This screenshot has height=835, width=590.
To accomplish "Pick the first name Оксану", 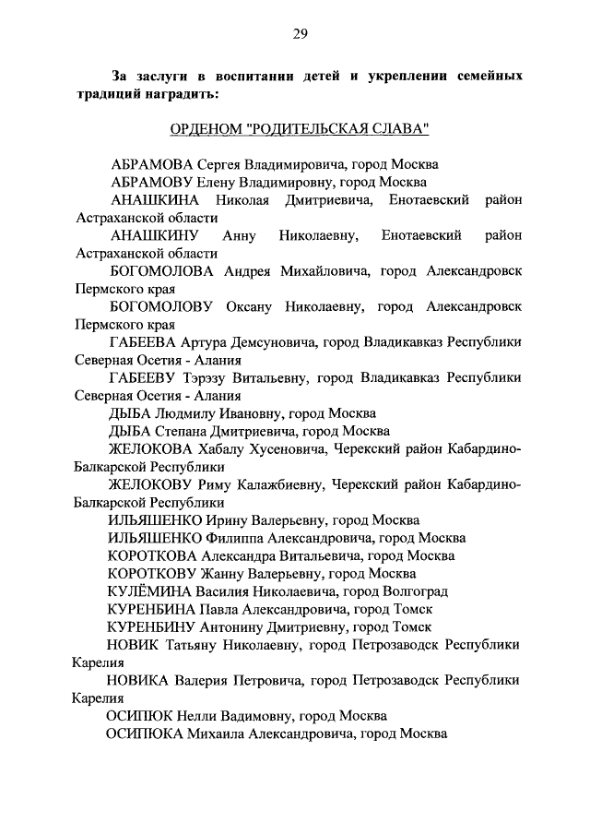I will click(x=252, y=305).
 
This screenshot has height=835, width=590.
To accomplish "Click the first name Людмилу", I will click(x=184, y=413).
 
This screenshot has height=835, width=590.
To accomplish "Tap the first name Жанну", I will click(x=230, y=574).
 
